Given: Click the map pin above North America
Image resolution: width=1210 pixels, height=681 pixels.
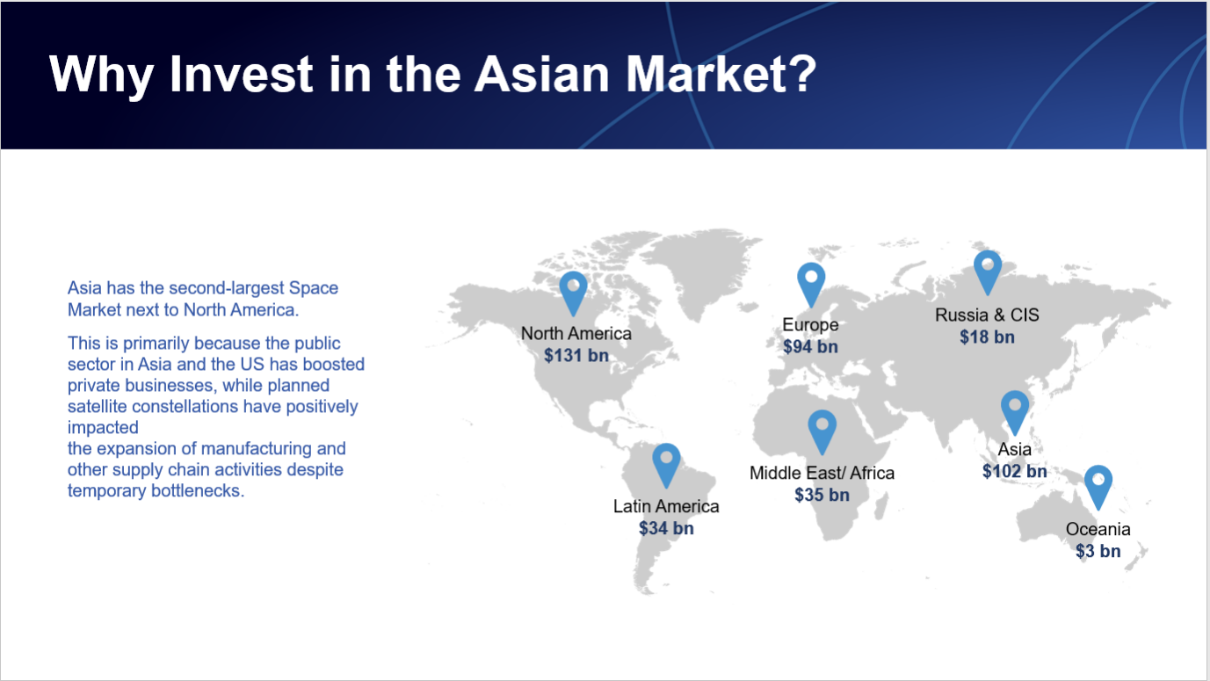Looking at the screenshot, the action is pos(573,293).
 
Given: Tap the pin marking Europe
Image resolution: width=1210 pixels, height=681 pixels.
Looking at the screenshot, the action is pos(811,284).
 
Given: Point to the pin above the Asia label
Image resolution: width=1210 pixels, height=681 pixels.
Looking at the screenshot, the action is pos(1014,412).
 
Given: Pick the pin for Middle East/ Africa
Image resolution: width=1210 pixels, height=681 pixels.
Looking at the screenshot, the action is pos(822,431).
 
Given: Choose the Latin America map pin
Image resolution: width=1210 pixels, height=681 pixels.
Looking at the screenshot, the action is pos(666,465).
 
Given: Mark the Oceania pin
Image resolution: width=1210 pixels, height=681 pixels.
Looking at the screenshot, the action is pos(1098,487).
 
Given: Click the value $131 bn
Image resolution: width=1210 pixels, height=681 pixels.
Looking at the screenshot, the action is pos(576,355).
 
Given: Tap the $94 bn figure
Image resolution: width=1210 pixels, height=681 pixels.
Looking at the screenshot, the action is pos(810,346).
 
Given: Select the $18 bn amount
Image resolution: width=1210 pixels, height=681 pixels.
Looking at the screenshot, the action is pos(987,337).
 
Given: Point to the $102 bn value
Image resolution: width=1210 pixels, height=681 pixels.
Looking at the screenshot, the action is pos(1014,471).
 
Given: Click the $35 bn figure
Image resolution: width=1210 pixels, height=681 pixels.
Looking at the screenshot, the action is pos(822,495).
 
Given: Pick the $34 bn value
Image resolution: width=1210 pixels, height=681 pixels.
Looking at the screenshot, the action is pos(666,528).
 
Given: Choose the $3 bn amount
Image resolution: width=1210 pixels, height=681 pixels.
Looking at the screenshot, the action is pos(1098,551).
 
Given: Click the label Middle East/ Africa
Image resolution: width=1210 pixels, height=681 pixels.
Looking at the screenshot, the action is pos(822,473).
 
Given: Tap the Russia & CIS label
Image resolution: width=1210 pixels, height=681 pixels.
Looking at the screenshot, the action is pos(987,315).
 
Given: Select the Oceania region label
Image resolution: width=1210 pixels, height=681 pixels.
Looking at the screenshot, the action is pos(1098,529).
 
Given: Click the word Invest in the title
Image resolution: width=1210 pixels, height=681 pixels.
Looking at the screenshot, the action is pos(241,74).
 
